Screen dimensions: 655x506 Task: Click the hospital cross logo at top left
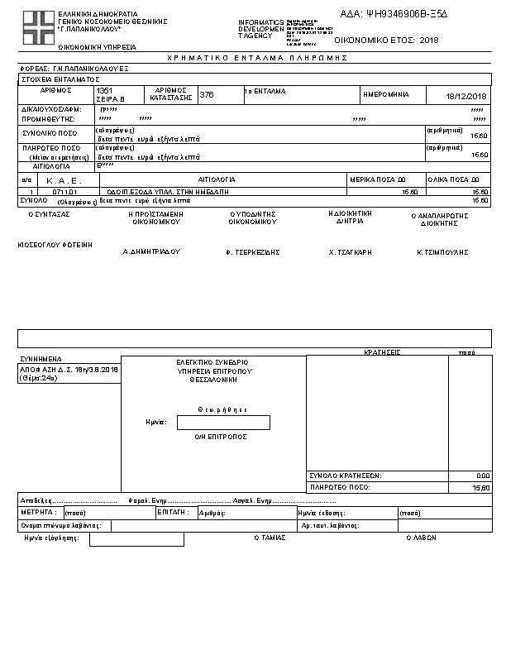pyautogui.click(x=36, y=29)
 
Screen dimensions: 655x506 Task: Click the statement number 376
pyautogui.click(x=207, y=95)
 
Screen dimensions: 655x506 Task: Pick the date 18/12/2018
pyautogui.click(x=468, y=97)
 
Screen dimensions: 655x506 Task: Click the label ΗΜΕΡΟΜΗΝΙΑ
pyautogui.click(x=385, y=95)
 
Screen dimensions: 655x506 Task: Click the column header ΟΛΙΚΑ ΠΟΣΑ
pyautogui.click(x=453, y=179)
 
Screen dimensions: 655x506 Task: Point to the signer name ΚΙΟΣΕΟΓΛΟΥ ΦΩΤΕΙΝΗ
pyautogui.click(x=55, y=245)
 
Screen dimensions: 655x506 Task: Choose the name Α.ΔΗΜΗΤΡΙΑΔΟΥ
pyautogui.click(x=151, y=250)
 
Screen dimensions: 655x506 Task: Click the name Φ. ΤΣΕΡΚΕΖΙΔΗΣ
pyautogui.click(x=253, y=250)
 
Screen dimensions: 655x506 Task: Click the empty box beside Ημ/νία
pyautogui.click(x=223, y=423)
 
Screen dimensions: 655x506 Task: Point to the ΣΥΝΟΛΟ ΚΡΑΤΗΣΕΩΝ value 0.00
pyautogui.click(x=483, y=476)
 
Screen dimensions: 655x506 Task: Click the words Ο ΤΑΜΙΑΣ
pyautogui.click(x=270, y=537)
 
